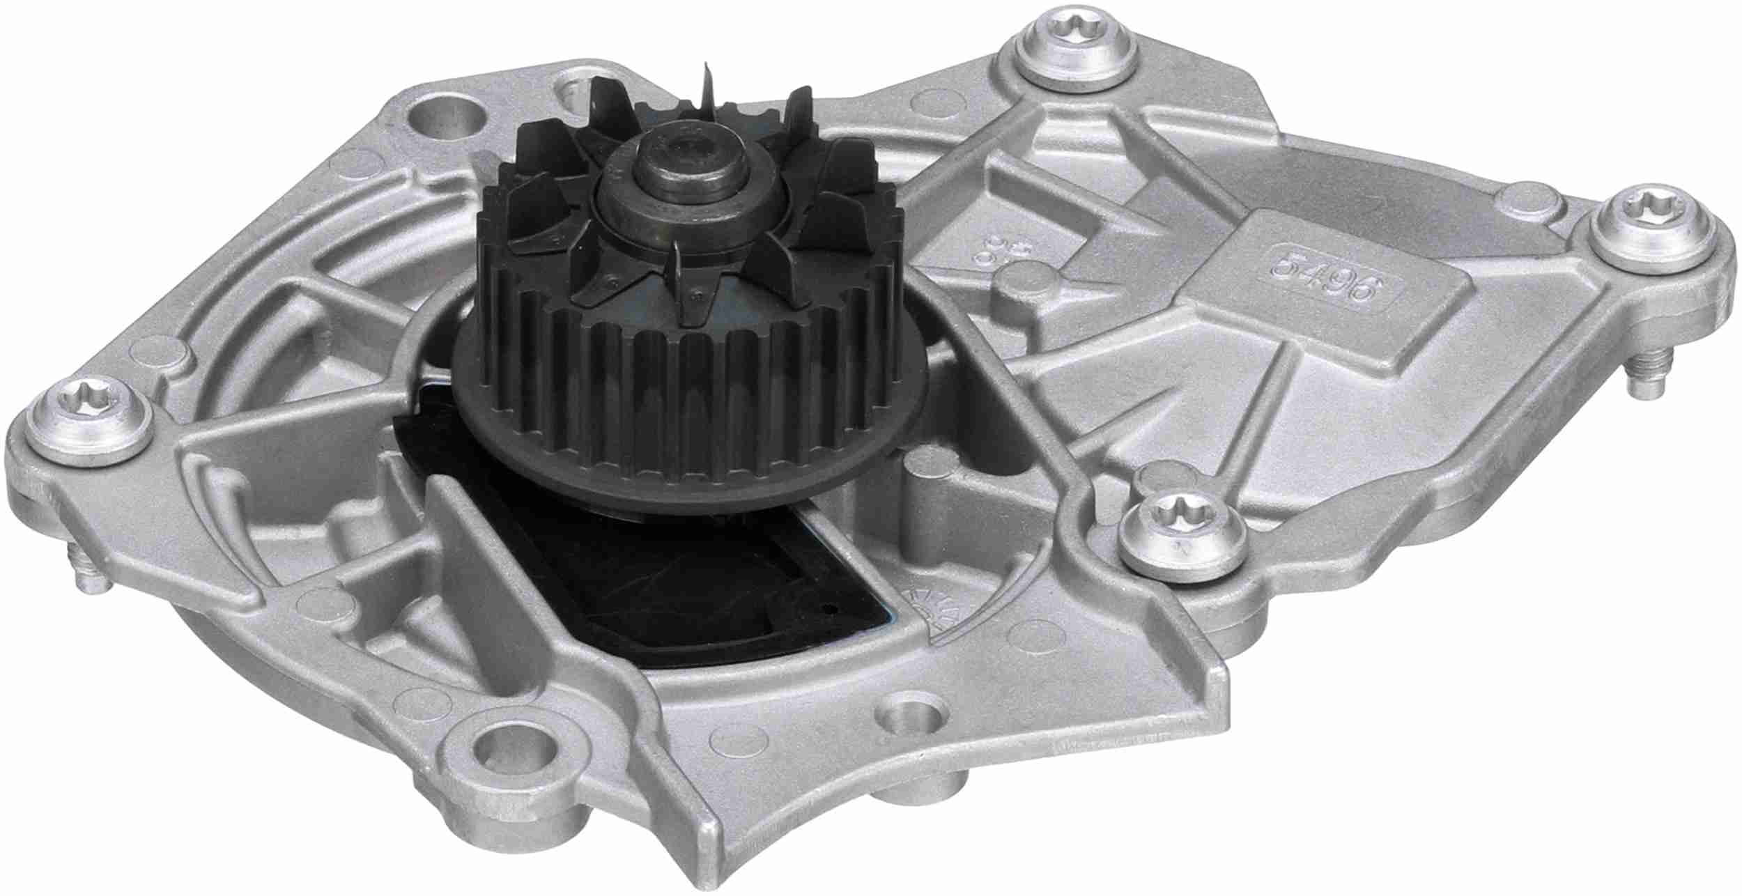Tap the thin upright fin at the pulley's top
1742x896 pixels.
pyautogui.click(x=709, y=84)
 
